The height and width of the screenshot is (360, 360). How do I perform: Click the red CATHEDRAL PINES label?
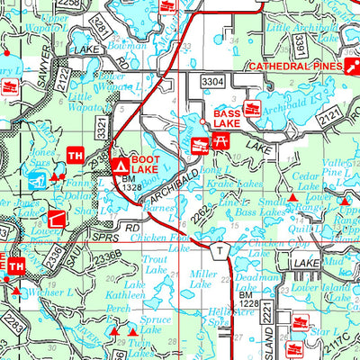(293, 67)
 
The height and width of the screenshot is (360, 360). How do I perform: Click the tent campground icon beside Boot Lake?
(121, 166)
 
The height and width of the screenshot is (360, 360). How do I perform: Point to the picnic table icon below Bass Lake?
(220, 139)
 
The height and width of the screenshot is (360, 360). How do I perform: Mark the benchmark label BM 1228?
(247, 300)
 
